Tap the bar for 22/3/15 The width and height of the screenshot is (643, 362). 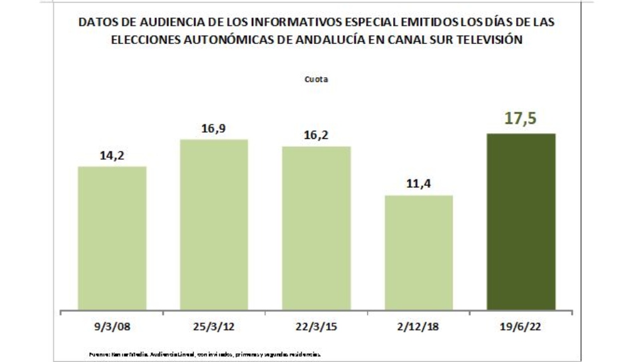click(316, 228)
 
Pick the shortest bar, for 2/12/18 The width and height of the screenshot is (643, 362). click(419, 252)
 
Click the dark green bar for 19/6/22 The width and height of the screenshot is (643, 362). click(522, 221)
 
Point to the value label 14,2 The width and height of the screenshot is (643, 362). click(112, 155)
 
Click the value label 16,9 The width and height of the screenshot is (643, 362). click(214, 128)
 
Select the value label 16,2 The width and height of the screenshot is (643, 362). click(316, 135)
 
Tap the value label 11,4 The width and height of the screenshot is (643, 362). click(419, 184)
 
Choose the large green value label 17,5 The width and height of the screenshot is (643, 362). click(522, 119)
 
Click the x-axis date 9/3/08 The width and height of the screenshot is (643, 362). click(112, 328)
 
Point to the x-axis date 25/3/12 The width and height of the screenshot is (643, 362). click(214, 328)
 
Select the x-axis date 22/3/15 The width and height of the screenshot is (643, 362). click(316, 328)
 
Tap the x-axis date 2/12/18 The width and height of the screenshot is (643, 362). click(419, 328)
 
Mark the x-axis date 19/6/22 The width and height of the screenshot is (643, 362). click(522, 328)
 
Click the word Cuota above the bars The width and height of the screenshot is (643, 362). click(316, 80)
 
